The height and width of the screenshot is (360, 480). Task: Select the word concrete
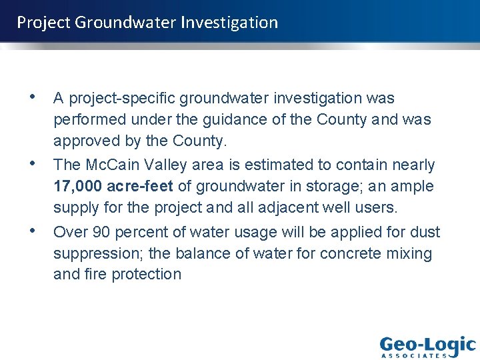tap(351, 254)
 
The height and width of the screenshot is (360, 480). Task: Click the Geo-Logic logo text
tap(427, 345)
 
